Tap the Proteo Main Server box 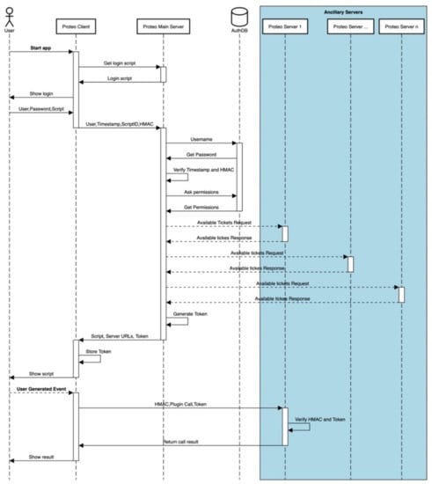tap(162, 28)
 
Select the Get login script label tap(119, 63)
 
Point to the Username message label tap(201, 139)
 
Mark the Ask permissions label tap(201, 192)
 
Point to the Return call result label tap(181, 441)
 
